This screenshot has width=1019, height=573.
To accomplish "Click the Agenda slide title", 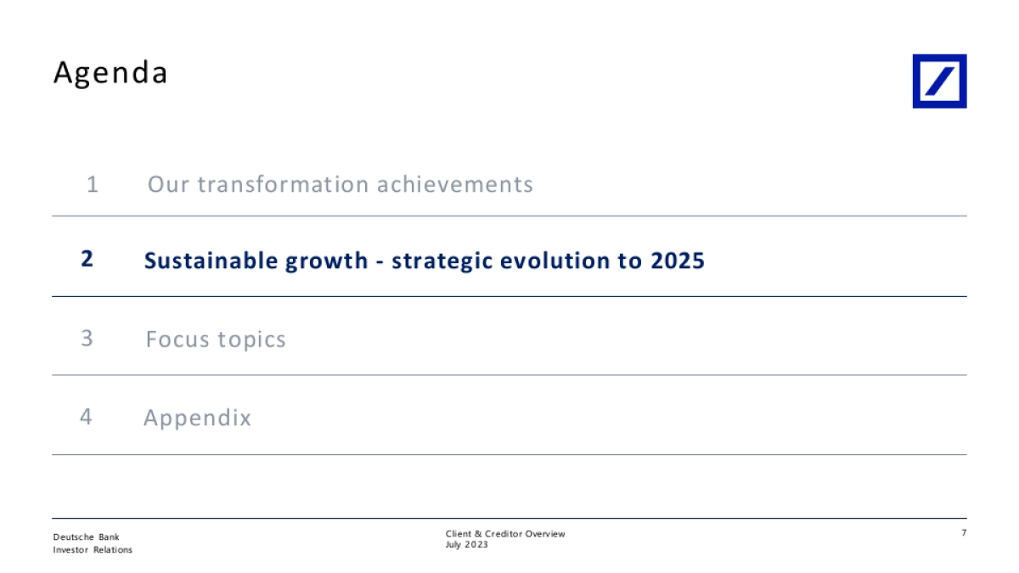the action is click(110, 73).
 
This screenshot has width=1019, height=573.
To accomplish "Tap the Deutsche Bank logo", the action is click(939, 81).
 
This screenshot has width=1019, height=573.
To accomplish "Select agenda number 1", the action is click(93, 184).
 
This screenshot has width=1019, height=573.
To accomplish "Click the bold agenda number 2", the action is click(87, 259).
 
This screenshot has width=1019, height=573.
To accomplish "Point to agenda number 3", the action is click(87, 339).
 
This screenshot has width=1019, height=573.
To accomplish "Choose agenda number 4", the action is click(86, 417).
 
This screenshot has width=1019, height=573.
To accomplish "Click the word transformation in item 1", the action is click(283, 184).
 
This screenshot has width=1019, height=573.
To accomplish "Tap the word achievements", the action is click(455, 184).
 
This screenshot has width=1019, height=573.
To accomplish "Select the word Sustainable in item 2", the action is click(211, 261).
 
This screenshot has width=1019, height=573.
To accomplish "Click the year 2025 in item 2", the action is click(678, 261).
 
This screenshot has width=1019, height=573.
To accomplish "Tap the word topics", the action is click(251, 340).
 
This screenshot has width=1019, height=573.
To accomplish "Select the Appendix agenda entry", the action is click(197, 418).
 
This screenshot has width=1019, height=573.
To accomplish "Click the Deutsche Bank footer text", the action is click(86, 537).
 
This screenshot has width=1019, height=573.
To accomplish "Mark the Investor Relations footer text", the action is click(93, 550).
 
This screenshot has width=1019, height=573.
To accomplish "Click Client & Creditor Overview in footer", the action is click(505, 534).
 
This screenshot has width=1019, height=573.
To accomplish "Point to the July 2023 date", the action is click(467, 545).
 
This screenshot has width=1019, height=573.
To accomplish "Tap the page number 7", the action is click(964, 532).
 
